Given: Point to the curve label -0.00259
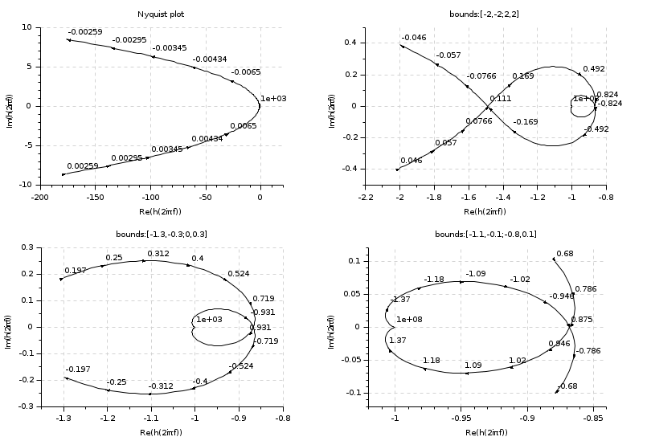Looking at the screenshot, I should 84,31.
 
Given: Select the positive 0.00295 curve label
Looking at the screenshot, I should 127,158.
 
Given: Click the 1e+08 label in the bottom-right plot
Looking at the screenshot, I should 410,320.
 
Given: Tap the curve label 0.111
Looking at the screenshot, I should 500,99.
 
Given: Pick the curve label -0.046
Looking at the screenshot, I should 414,38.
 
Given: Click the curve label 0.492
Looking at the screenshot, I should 594,69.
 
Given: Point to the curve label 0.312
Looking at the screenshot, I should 158,254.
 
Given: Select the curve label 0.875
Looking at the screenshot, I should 581,320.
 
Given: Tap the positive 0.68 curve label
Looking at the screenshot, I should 565,254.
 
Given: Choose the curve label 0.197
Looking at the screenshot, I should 74,271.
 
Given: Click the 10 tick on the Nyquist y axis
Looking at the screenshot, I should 26,27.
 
